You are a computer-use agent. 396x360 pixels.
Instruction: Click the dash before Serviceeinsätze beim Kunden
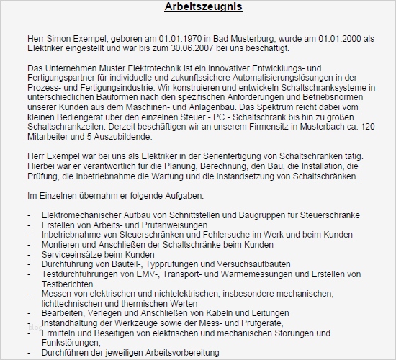click(x=29, y=255)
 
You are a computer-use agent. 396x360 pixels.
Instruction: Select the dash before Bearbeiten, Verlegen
click(x=29, y=313)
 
